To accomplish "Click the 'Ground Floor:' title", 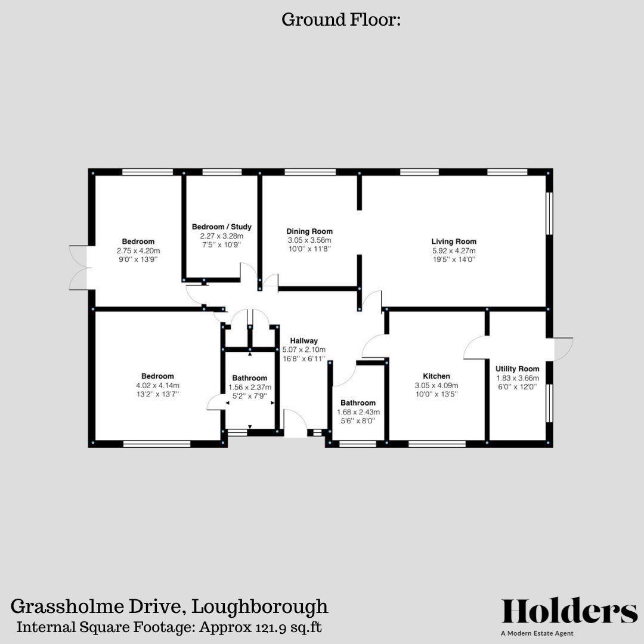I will pos(341,20).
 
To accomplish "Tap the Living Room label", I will pos(454,241).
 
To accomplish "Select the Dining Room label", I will pos(309,231).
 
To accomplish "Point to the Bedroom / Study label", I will pos(221,227).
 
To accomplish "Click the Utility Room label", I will pos(517,369).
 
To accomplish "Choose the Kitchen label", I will pos(436,376).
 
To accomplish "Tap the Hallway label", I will pos(304,340).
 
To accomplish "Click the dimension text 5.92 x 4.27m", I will pos(454,251).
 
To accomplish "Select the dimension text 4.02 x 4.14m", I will pos(157,385).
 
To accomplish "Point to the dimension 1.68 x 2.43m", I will pos(358,412).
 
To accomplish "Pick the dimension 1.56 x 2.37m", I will pos(249,387).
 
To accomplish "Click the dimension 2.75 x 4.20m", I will pos(138,251).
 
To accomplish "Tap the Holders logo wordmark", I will pos(569,611).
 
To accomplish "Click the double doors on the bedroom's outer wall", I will pos(79,267).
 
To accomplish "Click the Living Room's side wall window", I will pos(549,213).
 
